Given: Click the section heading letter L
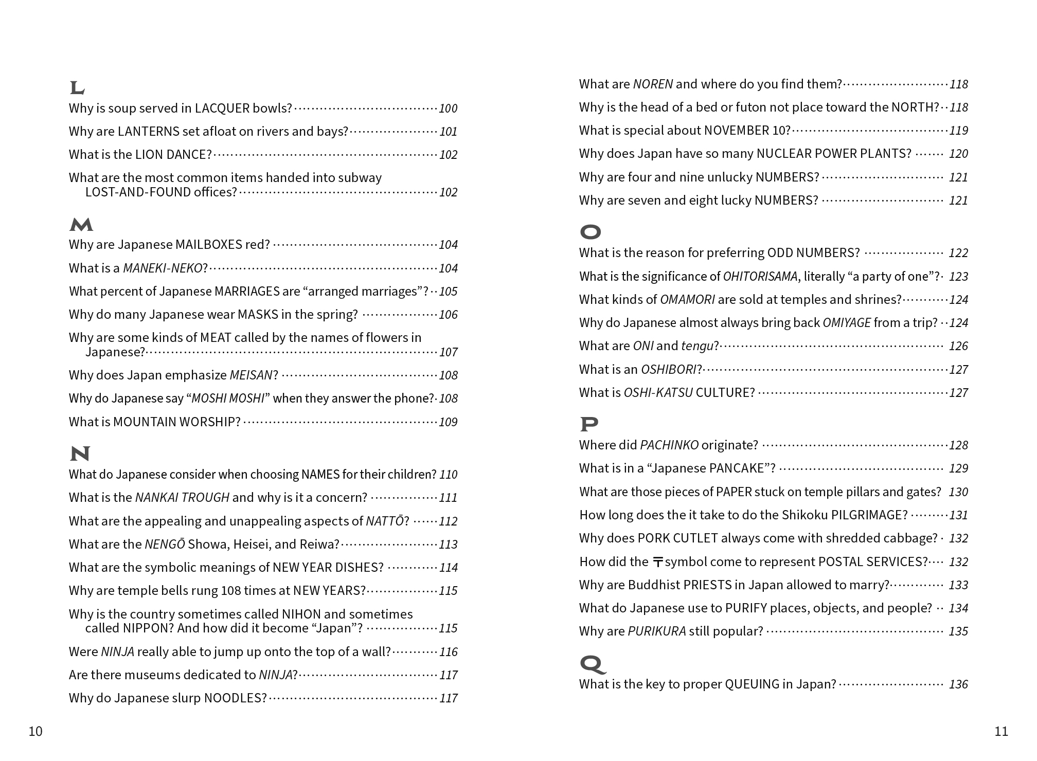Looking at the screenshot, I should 77,88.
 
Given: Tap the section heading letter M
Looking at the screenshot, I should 81,225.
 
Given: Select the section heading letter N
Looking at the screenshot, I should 80,454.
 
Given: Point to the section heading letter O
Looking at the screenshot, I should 590,232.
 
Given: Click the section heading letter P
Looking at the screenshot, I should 589,424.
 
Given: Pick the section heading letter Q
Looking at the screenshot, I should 592,664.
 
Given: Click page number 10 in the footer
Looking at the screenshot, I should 35,731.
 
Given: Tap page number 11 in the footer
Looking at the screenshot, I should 1001,731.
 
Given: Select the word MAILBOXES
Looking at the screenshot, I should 208,245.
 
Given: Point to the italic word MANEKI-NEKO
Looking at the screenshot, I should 163,268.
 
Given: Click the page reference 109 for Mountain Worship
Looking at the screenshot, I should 448,422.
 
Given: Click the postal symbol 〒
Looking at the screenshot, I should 657,562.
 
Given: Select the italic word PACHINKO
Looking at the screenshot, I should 669,445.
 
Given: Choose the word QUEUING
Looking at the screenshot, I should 752,684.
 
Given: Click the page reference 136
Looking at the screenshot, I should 958,684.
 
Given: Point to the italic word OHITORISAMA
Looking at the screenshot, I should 760,277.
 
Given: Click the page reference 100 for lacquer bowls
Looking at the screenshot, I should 448,108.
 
